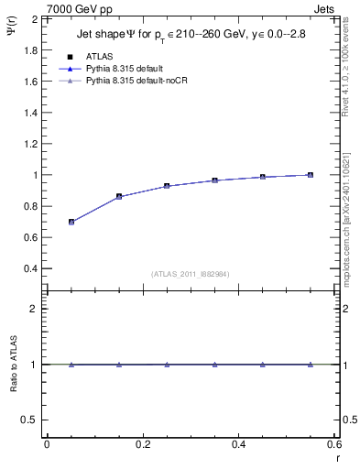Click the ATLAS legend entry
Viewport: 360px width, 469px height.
99,56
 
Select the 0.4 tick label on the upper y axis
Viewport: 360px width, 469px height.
31,269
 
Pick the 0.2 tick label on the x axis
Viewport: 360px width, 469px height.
142,443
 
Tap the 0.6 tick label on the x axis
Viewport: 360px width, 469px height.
333,443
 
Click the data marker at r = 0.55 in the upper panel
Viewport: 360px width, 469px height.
311,175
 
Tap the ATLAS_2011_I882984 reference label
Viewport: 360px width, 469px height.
190,274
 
